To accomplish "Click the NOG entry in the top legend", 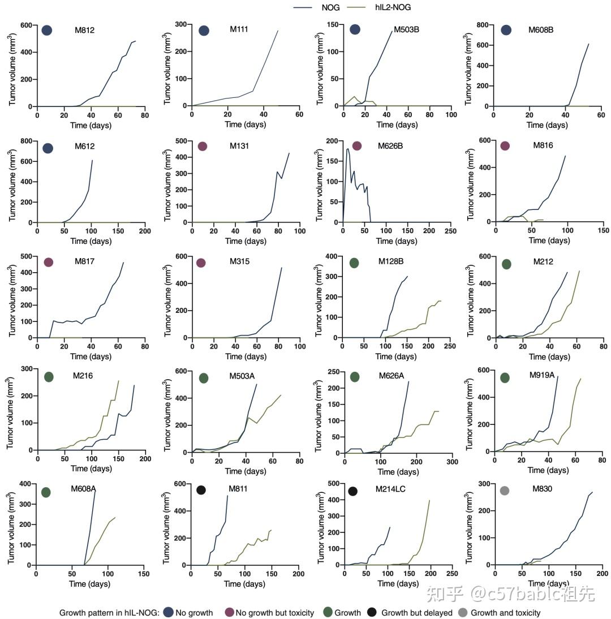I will coord(330,7).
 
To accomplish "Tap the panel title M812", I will coord(85,30).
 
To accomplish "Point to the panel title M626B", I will coord(390,146).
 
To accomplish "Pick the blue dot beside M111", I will coord(204,31).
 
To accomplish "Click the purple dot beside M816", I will coord(505,146).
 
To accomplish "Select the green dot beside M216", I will coord(49,377).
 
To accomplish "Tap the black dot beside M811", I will coord(201,490).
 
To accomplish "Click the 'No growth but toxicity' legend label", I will coord(274,612).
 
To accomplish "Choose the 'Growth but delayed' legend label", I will coord(416,612).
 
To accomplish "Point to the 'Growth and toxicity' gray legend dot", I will coord(463,612).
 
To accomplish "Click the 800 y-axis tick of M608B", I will coord(481,25).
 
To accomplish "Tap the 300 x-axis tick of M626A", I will coord(451,461).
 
